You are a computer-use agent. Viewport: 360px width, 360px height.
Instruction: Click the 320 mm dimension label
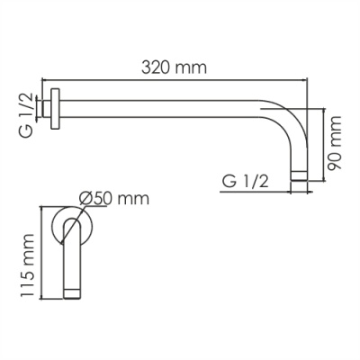174,67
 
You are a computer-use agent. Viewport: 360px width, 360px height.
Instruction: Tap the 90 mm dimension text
335,143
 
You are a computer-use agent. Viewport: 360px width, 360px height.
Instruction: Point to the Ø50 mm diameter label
114,198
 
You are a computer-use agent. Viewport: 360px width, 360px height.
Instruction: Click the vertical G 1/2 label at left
27,115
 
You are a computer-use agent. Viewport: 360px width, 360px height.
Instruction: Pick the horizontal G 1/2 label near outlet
246,182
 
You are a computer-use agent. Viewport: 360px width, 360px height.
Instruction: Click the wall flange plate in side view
55,109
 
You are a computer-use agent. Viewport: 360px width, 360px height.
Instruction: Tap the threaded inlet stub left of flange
47,109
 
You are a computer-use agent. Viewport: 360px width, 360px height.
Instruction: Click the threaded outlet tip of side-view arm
299,176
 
